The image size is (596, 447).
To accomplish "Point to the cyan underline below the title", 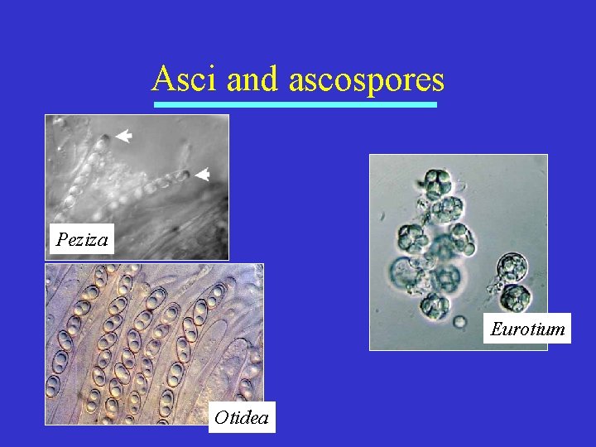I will coord(296,105).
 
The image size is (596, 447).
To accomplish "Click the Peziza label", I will coord(81,240).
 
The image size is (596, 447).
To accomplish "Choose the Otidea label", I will coord(241,417).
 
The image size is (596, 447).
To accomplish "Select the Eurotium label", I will coord(527,329).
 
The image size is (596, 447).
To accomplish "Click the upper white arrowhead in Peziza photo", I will coord(124,137).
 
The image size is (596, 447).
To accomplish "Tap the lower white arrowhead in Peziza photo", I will coord(202,175).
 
